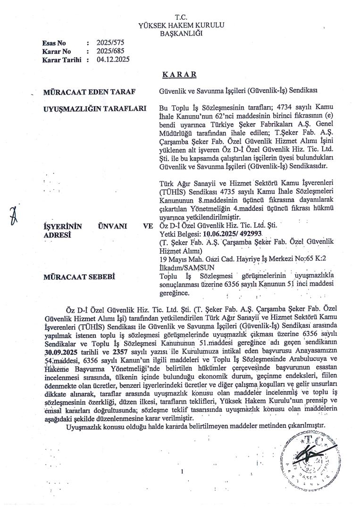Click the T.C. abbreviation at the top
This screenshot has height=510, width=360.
click(x=181, y=17)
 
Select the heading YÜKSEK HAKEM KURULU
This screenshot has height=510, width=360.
click(x=181, y=25)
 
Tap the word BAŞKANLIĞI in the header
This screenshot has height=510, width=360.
click(x=181, y=34)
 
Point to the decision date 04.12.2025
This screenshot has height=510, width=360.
click(x=113, y=59)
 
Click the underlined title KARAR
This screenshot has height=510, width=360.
click(x=180, y=75)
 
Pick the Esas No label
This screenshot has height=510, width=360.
click(x=54, y=43)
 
